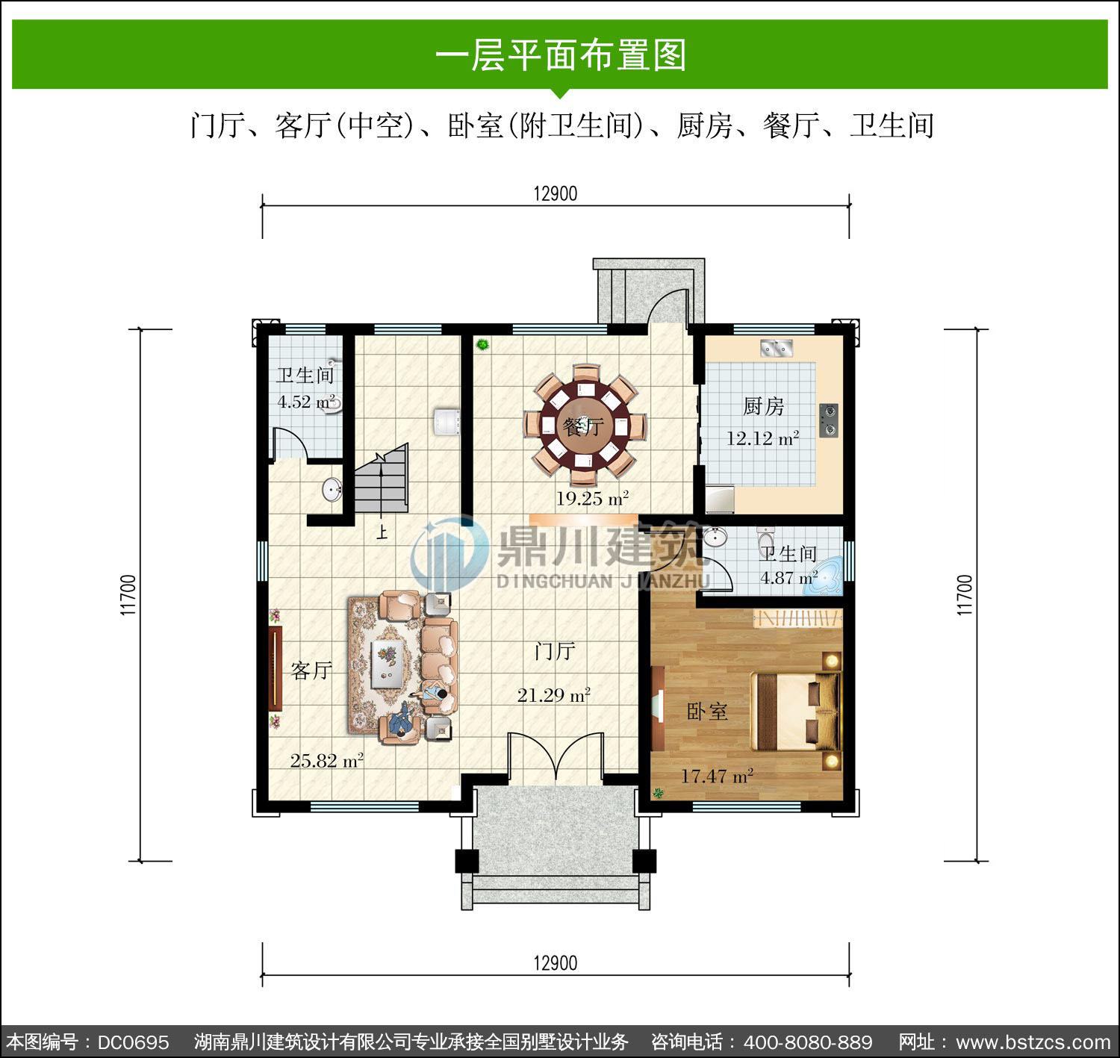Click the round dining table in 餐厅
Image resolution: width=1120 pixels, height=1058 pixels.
(585, 426)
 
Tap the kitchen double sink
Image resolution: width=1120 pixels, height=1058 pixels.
(776, 348)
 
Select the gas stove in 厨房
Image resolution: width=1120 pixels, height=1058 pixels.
(829, 420)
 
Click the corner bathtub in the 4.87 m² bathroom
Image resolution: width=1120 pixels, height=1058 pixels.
(824, 577)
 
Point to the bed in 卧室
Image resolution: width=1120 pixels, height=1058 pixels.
(796, 712)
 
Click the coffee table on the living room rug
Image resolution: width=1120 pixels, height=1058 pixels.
(387, 662)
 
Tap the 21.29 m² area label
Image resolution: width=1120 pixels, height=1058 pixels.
(553, 695)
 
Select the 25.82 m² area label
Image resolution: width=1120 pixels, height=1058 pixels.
(326, 761)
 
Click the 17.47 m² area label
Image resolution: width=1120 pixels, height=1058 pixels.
(717, 777)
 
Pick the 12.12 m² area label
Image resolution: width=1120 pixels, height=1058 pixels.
(762, 438)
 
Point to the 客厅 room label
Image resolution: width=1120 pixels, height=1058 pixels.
(311, 670)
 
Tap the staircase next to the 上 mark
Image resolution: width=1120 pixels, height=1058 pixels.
(382, 479)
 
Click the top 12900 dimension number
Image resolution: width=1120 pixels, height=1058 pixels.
(556, 193)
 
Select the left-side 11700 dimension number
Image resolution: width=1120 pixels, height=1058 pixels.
(128, 595)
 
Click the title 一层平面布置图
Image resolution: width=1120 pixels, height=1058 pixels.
(561, 55)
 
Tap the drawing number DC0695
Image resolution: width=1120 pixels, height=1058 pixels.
(133, 1042)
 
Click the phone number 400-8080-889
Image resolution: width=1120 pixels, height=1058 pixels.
(808, 1042)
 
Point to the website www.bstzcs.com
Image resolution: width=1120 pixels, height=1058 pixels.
(1033, 1042)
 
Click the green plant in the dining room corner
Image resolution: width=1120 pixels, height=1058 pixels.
(482, 344)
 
